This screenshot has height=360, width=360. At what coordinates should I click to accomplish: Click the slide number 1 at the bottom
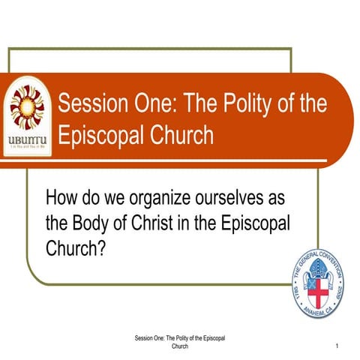[338, 346]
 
